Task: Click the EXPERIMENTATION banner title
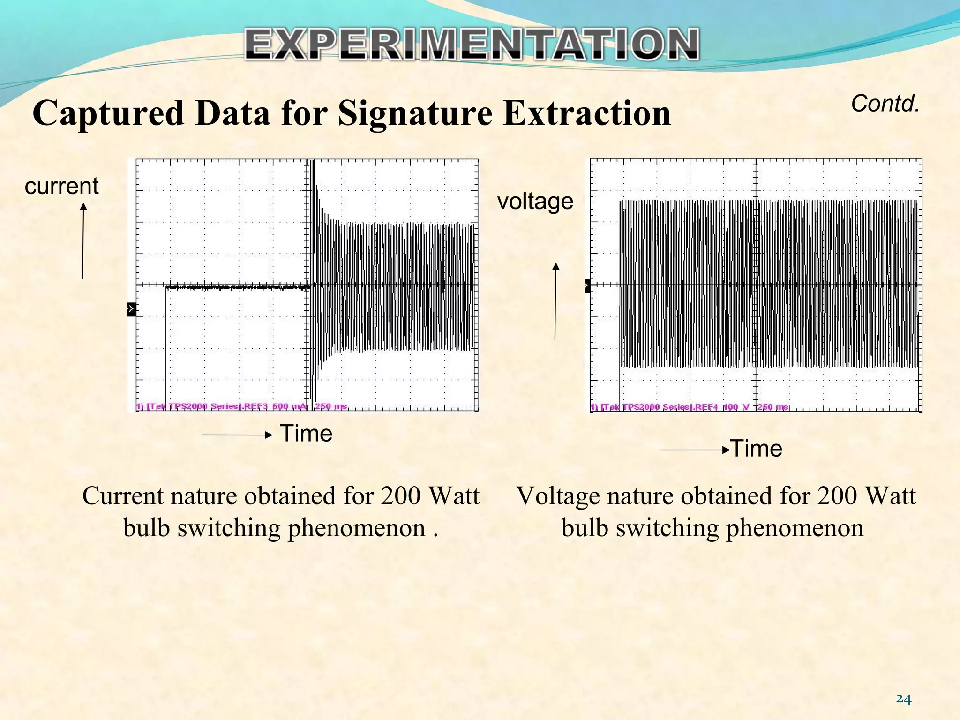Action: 472,45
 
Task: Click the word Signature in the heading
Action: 415,114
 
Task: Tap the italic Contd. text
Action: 885,104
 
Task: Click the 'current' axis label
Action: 61,186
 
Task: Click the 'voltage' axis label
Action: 535,202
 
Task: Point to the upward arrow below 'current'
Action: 83,241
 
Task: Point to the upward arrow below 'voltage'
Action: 555,300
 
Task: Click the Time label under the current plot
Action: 306,433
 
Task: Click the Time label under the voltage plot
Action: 757,449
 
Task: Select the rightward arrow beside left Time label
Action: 237,435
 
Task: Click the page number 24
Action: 903,699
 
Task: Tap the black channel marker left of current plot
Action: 132,309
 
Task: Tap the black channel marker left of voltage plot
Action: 588,286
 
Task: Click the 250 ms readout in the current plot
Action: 330,406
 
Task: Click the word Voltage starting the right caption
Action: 558,496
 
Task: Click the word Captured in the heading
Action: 108,114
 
